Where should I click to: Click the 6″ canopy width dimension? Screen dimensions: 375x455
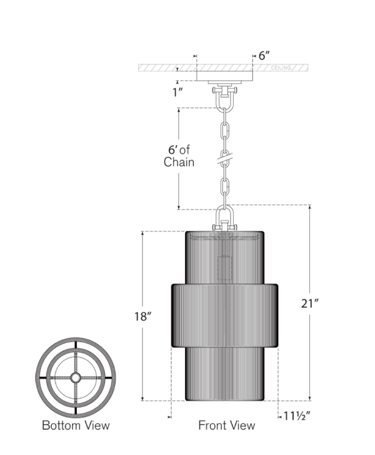tap(264, 56)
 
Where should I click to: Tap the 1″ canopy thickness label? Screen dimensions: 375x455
tap(177, 93)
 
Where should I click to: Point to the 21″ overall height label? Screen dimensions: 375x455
tap(310, 304)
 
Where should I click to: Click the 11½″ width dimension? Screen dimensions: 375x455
tap(296, 416)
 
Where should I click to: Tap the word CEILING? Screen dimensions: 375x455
tap(281, 68)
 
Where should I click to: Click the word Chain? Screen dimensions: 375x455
tap(179, 161)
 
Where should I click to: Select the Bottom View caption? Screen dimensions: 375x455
tap(76, 426)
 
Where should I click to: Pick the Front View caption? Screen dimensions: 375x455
tap(227, 426)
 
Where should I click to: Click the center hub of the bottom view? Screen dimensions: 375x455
tap(76, 377)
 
